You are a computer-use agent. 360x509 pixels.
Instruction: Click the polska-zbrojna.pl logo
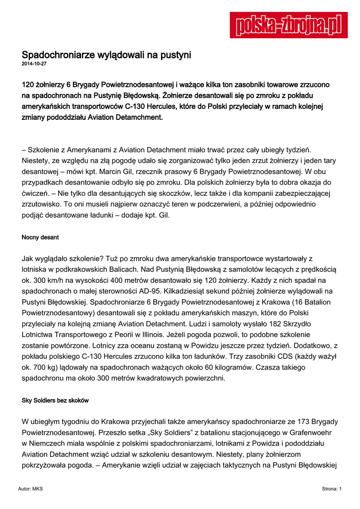coord(288,25)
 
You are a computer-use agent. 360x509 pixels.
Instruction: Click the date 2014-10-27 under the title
coord(33,64)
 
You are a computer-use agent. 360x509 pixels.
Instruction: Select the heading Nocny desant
coord(40,238)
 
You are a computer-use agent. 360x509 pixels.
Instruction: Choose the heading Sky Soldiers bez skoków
coord(55,401)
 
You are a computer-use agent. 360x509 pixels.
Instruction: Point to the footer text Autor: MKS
coord(30,489)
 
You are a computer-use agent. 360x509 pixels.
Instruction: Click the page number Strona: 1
coord(332,489)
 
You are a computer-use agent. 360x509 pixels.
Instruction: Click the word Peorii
coord(144,335)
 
